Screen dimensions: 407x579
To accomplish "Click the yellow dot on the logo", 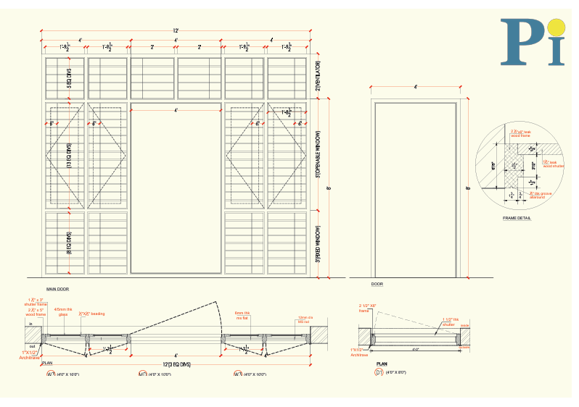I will pos(556,27).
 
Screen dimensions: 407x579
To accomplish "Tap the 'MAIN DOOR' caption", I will pos(57,288).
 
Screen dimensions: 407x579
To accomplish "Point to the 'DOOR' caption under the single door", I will pos(377,285).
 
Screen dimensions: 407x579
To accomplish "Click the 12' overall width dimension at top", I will pos(175,30).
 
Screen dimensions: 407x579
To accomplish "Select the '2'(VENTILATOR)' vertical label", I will pos(319,75).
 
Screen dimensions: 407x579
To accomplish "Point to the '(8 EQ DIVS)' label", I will pos(70,243).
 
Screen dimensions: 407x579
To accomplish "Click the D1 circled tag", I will pos(378,372).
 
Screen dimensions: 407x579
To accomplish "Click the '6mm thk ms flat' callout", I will pos(243,315).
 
